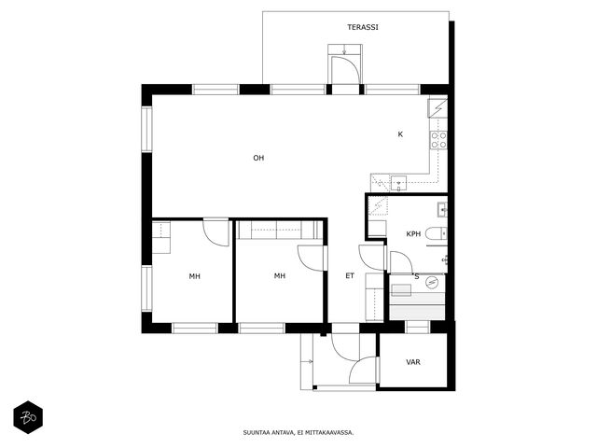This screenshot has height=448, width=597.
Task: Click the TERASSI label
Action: coord(363,27)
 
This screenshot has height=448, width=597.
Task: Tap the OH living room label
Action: coord(258,158)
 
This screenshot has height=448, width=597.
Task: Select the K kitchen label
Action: coord(400,134)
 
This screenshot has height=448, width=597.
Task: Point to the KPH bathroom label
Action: coord(413,234)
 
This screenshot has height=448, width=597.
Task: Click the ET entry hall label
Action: coord(350,276)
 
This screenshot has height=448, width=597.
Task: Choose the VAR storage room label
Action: coord(413,362)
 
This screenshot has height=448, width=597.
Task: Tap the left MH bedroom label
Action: coord(195,276)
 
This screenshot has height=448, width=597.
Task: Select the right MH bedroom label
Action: coord(280,276)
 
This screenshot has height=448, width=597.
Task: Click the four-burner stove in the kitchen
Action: coord(438,140)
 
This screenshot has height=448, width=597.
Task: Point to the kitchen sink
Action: coord(398,183)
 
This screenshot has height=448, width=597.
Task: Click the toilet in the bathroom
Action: coord(436,233)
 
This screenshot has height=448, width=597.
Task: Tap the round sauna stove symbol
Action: coord(432,282)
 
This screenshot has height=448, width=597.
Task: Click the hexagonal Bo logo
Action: coord(28,417)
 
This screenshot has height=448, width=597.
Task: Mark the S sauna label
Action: coord(417,277)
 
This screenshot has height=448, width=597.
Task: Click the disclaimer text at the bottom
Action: coord(298,433)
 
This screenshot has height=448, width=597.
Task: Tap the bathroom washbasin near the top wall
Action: coord(442,209)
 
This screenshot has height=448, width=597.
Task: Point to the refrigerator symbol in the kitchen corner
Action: coord(437,108)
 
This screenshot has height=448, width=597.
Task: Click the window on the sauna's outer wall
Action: coord(417,327)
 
